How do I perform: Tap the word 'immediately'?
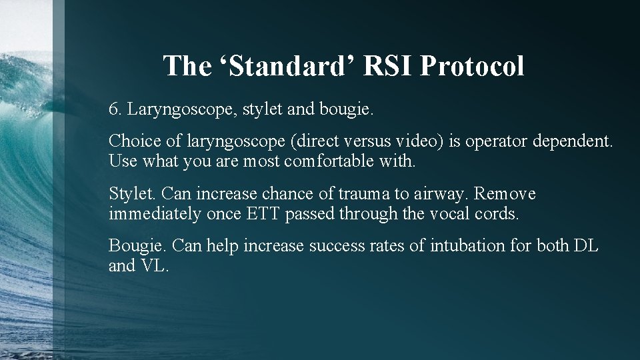click(x=146, y=214)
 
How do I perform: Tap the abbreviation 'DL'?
click(x=585, y=246)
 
